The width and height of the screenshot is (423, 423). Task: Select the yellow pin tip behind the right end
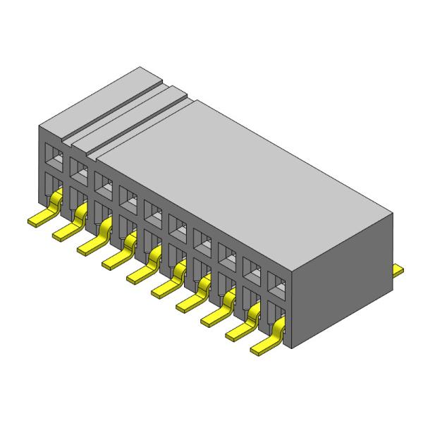pyautogui.click(x=398, y=269)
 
